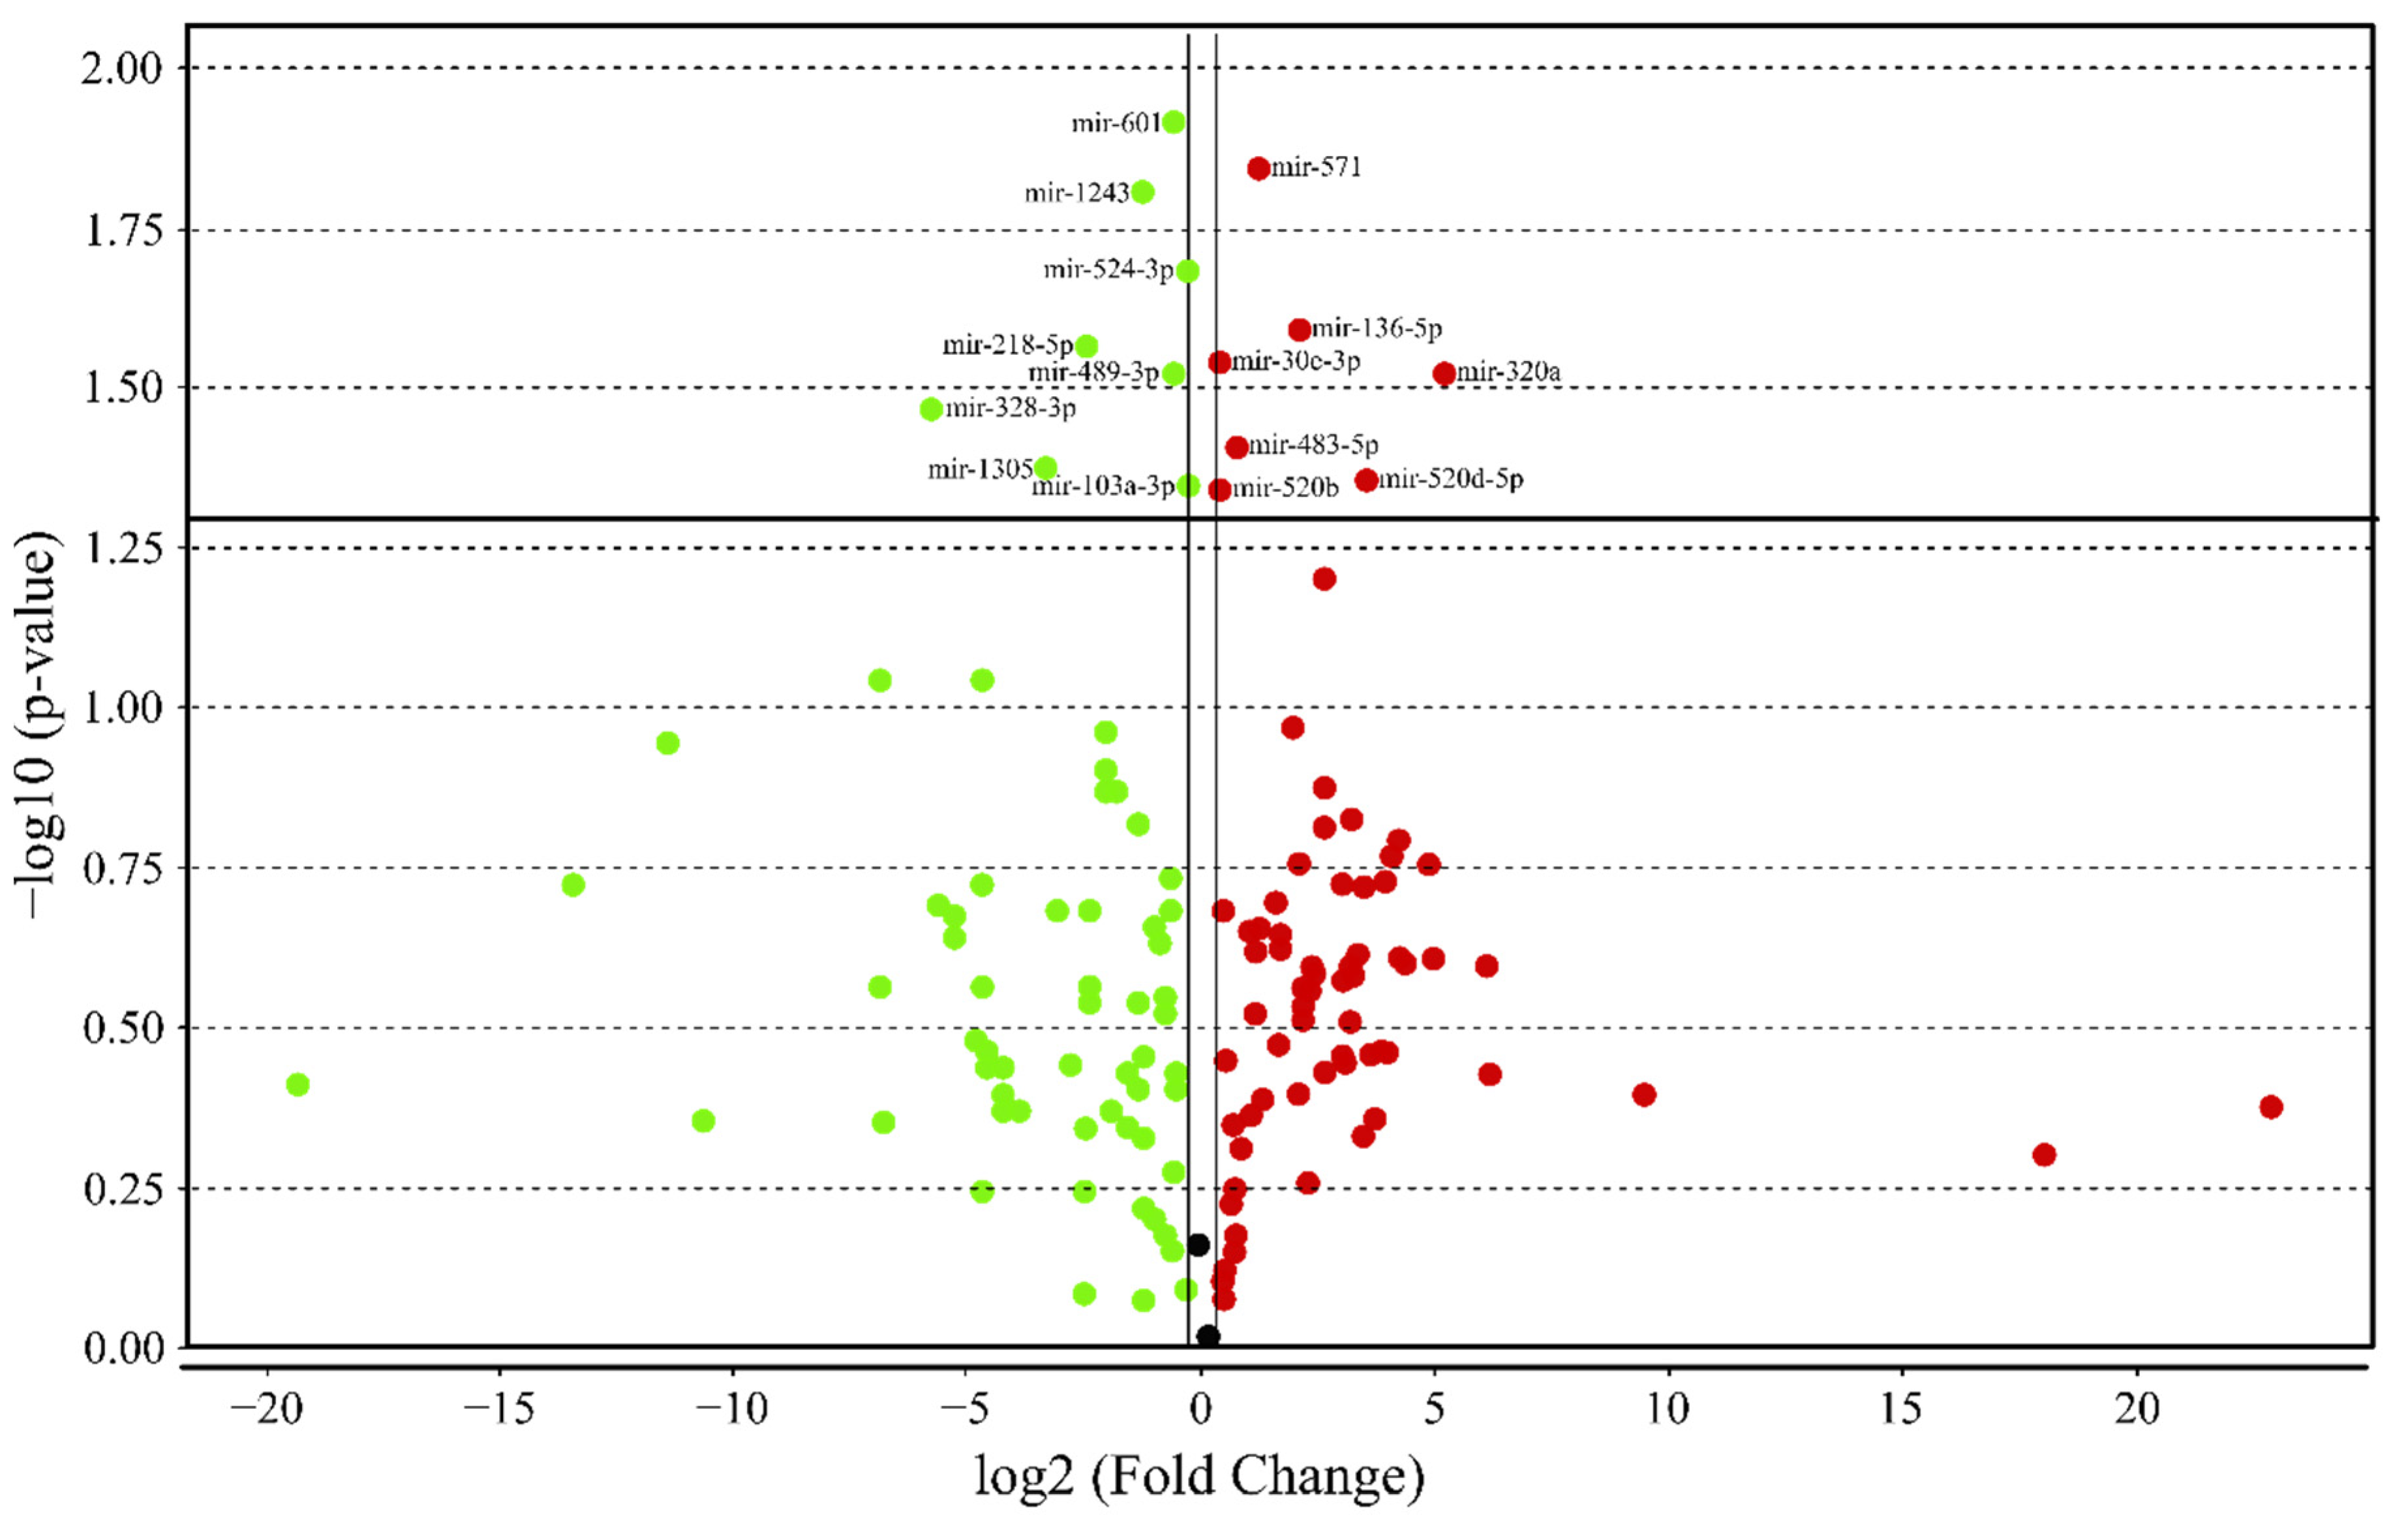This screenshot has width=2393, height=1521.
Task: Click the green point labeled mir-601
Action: tap(1174, 122)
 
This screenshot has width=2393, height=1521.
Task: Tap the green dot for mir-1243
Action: tap(1143, 192)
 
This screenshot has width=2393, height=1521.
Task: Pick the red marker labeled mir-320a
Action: tap(1444, 374)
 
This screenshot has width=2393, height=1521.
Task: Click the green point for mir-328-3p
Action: tap(931, 409)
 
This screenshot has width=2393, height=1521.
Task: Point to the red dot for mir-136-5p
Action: tap(1299, 329)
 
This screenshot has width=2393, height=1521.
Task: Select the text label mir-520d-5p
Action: tap(1451, 479)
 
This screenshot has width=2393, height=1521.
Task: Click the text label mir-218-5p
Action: tap(1008, 345)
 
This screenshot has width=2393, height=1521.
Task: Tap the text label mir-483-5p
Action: tap(1313, 445)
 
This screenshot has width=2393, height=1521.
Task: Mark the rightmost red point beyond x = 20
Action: tap(2271, 1106)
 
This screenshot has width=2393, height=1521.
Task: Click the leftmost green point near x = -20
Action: tap(297, 1084)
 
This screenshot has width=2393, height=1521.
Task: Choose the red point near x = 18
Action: tap(2044, 1154)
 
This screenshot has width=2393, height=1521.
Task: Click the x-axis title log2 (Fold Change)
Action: tap(1198, 1476)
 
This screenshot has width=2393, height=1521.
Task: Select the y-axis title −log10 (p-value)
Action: tap(38, 724)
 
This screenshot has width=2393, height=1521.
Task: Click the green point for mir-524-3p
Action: tap(1187, 270)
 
